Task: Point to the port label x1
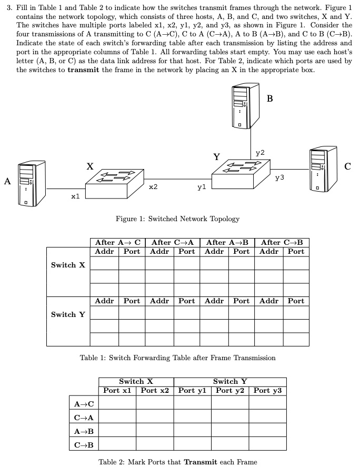point(75,196)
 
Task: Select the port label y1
point(202,187)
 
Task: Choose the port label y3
point(279,178)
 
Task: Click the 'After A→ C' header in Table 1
point(118,243)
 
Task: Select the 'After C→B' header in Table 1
point(282,243)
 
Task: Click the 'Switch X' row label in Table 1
point(68,265)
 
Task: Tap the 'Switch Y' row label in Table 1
point(68,314)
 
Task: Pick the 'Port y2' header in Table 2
point(231,391)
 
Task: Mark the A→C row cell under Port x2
point(155,403)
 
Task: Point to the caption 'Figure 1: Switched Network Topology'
point(177,219)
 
